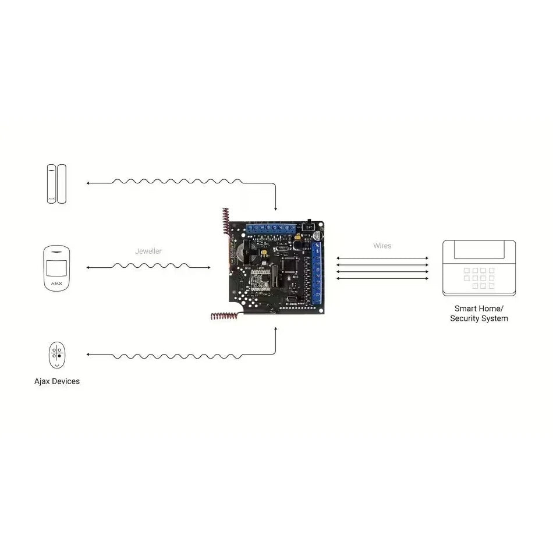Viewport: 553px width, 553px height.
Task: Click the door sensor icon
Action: pyautogui.click(x=56, y=183)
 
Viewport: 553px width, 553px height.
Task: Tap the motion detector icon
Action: pyautogui.click(x=56, y=268)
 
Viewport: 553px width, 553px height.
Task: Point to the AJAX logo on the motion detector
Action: pyautogui.click(x=56, y=284)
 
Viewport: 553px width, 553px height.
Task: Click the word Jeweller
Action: pyautogui.click(x=148, y=251)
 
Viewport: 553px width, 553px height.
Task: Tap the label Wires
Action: pyautogui.click(x=382, y=246)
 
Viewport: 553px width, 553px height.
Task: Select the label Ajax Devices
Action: pyautogui.click(x=56, y=381)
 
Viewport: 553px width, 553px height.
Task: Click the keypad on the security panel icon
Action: pyautogui.click(x=479, y=278)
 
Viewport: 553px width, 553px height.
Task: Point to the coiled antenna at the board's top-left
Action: pyautogui.click(x=225, y=221)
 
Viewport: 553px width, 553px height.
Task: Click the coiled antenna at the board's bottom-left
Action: pyautogui.click(x=223, y=317)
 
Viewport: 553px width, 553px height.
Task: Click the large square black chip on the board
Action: pyautogui.click(x=289, y=264)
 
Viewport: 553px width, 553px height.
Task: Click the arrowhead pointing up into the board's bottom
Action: pyautogui.click(x=276, y=329)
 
